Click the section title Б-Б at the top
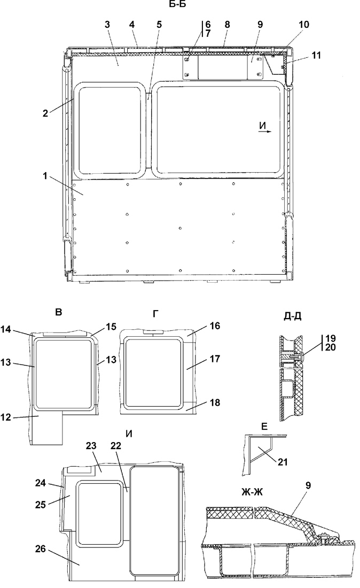(x=179, y=5)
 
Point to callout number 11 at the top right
(x=316, y=55)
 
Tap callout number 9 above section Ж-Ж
(x=308, y=485)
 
